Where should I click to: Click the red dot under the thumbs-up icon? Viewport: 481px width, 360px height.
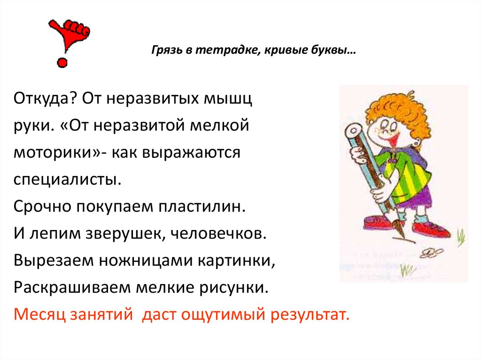point(62,61)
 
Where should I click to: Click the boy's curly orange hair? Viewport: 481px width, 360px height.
point(395,103)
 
